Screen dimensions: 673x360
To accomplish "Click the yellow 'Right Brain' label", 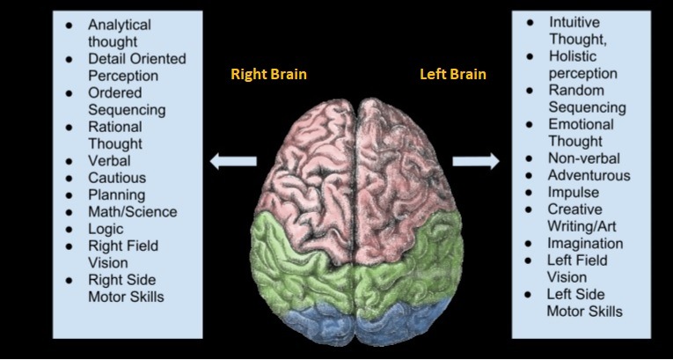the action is click(268, 74).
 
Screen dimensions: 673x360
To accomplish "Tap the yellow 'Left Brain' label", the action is click(453, 74).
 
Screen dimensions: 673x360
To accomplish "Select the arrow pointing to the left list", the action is click(233, 161).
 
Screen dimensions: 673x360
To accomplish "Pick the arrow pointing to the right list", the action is click(476, 161).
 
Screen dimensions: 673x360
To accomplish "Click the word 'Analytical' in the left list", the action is click(120, 25).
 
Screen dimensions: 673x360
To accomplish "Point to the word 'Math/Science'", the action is click(133, 212).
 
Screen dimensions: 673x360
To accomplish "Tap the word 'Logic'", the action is click(106, 230).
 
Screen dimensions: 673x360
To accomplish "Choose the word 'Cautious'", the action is click(117, 178).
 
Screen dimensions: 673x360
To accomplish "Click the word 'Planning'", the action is click(117, 195).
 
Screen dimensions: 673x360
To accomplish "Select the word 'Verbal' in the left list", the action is click(109, 161).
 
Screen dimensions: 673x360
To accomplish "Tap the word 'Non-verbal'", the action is click(584, 158).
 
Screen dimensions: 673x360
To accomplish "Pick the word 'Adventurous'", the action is click(589, 175).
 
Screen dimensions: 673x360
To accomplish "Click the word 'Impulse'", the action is click(574, 193).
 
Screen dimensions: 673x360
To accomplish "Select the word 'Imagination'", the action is click(585, 244).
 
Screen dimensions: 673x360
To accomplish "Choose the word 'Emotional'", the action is click(582, 124).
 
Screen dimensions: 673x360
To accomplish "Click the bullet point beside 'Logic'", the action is click(69, 230).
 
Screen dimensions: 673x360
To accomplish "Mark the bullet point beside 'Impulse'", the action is click(529, 193).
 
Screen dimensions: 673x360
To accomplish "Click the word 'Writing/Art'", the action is click(582, 226).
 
